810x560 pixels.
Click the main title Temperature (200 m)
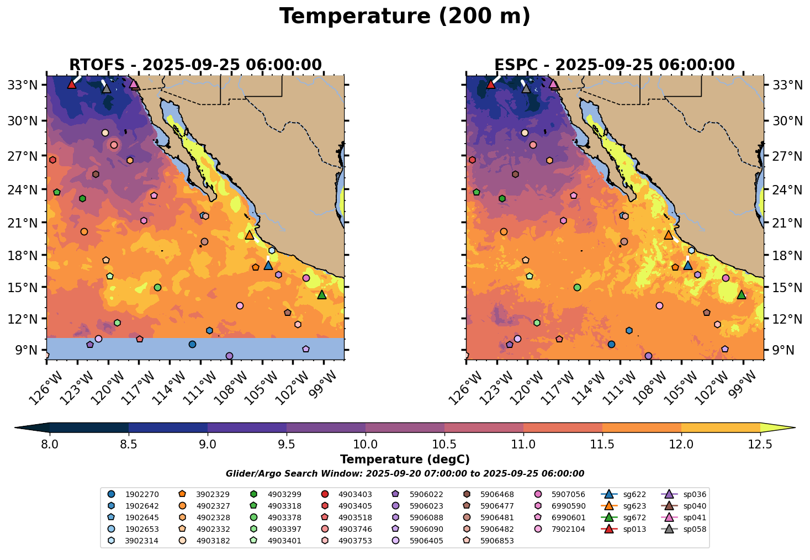coord(405,17)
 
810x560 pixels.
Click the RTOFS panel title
coord(195,65)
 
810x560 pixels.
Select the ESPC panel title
coord(615,65)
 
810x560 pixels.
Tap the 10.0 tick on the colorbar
coord(366,445)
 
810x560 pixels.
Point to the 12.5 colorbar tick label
coord(760,445)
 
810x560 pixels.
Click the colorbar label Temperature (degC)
coord(405,459)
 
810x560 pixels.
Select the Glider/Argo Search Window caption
coord(405,474)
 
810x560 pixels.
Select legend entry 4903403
coord(354,494)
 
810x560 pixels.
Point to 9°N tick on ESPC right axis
coord(783,350)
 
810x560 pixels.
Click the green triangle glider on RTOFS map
coord(322,295)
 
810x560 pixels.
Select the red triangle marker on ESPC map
coord(491,84)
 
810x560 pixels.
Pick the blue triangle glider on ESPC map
coord(688,266)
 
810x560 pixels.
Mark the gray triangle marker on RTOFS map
coord(107,88)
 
